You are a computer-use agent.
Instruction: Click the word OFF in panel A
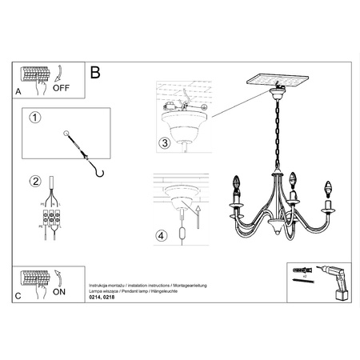point(62,89)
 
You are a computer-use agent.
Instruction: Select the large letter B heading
point(96,73)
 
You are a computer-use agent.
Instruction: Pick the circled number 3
point(163,143)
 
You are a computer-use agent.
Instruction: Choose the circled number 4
point(163,236)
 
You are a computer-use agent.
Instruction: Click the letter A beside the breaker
point(18,93)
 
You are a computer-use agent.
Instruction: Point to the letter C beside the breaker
point(18,296)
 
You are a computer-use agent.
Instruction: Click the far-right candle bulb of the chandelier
point(327,192)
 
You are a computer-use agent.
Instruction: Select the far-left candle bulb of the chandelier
point(236,185)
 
